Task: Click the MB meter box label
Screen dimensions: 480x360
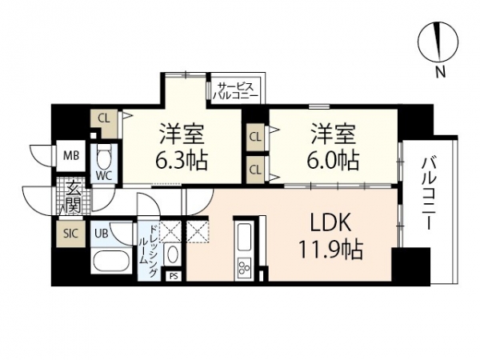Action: [x=71, y=156]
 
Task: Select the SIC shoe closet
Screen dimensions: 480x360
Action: [x=71, y=234]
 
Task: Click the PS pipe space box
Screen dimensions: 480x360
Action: [x=174, y=276]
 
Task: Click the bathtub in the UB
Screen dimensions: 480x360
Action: [x=111, y=262]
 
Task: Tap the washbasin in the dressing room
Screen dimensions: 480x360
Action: [x=172, y=254]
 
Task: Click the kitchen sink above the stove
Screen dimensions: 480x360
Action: [x=244, y=236]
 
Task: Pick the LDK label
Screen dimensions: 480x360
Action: [x=330, y=222]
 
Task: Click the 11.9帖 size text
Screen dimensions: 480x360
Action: [x=331, y=250]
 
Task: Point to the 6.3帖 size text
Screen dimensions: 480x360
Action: [x=182, y=160]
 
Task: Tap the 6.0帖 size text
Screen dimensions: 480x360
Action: [x=333, y=160]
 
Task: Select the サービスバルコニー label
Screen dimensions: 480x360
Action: [x=235, y=91]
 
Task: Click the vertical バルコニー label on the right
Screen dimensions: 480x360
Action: [x=428, y=194]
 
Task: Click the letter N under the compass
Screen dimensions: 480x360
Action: [x=440, y=72]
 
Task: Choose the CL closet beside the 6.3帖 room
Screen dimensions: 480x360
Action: [x=104, y=123]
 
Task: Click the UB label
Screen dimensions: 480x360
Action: [x=101, y=234]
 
